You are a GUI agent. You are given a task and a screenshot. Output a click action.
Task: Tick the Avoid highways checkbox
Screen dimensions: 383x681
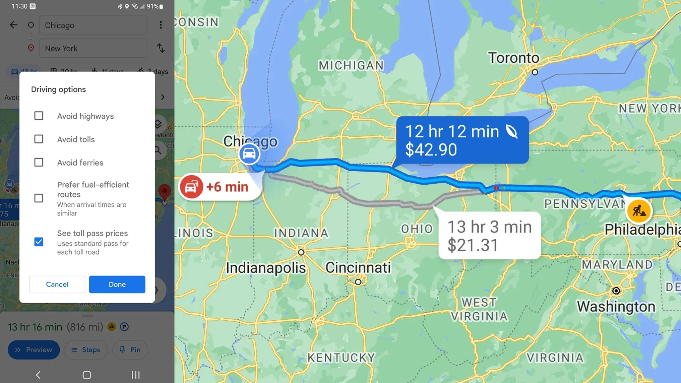tap(39, 116)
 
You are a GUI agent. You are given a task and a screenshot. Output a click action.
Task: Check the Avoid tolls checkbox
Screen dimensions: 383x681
tap(39, 139)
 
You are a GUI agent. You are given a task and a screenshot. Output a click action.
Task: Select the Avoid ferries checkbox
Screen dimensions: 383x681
tap(39, 163)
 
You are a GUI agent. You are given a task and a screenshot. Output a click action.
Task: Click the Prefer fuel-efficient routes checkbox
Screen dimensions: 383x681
tap(39, 198)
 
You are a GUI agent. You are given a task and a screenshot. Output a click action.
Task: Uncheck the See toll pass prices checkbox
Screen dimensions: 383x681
tap(39, 242)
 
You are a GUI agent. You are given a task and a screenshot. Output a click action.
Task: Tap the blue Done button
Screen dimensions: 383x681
tap(117, 284)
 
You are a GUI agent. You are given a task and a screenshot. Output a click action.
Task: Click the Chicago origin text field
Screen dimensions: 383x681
tap(93, 25)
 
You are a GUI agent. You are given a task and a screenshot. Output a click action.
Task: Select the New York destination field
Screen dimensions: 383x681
tap(93, 49)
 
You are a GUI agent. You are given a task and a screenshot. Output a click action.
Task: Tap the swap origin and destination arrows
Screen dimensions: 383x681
tap(161, 49)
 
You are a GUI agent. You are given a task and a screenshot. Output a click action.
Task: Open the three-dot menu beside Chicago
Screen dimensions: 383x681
tap(161, 25)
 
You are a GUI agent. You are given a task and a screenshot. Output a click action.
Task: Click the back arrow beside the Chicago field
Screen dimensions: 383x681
tap(13, 25)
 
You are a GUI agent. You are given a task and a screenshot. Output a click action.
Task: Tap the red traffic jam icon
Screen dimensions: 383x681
tap(191, 187)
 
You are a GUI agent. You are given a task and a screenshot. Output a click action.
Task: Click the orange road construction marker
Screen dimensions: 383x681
tap(639, 211)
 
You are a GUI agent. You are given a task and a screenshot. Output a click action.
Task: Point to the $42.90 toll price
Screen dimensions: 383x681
tap(431, 150)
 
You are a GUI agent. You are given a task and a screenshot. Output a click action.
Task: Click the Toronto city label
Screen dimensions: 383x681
tap(513, 58)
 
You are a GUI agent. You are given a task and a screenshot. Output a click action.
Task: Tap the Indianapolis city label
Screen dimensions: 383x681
tap(266, 268)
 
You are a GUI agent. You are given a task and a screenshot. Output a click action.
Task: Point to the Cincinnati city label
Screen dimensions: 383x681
tap(358, 267)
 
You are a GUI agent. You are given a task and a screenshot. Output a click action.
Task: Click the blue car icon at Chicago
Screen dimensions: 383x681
tap(249, 154)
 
